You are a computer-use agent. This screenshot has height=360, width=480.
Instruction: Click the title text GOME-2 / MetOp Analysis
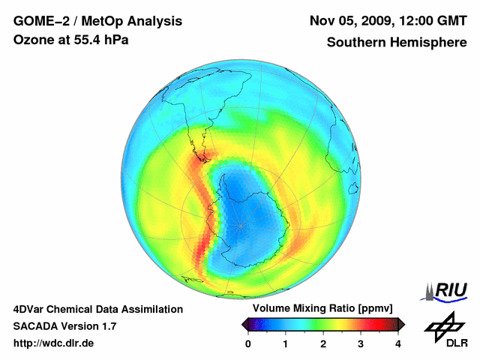pyautogui.click(x=97, y=20)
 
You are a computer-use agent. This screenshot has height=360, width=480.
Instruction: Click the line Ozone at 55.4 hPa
pyautogui.click(x=71, y=39)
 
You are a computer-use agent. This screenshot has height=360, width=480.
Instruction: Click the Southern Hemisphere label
pyautogui.click(x=396, y=43)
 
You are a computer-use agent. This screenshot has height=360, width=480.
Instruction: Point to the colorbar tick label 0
pyautogui.click(x=248, y=343)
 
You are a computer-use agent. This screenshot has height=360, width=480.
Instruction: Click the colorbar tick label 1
pyautogui.click(x=286, y=343)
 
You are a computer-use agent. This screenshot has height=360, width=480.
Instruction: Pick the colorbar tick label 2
pyautogui.click(x=323, y=343)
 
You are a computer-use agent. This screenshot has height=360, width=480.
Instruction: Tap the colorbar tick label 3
pyautogui.click(x=361, y=343)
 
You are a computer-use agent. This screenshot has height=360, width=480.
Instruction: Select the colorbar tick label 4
pyautogui.click(x=398, y=343)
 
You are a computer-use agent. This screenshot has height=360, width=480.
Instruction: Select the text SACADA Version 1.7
pyautogui.click(x=64, y=326)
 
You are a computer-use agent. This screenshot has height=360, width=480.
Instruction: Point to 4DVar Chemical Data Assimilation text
pyautogui.click(x=97, y=309)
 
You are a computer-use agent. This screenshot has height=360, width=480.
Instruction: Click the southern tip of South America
pyautogui.click(x=201, y=159)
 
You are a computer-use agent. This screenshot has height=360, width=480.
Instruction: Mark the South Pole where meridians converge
pyautogui.click(x=240, y=225)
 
